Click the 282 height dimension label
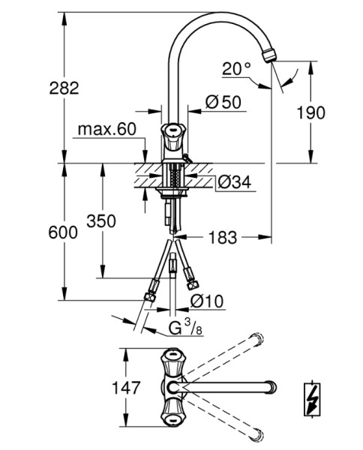tap(64, 88)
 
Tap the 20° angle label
tap(236, 69)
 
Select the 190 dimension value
tap(310, 112)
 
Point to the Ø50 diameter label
tap(223, 102)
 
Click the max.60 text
tap(106, 130)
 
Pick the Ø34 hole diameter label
tap(234, 181)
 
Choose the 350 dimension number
tap(101, 221)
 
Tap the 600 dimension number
tap(63, 232)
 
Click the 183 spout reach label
tap(223, 238)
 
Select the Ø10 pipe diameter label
tap(207, 301)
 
